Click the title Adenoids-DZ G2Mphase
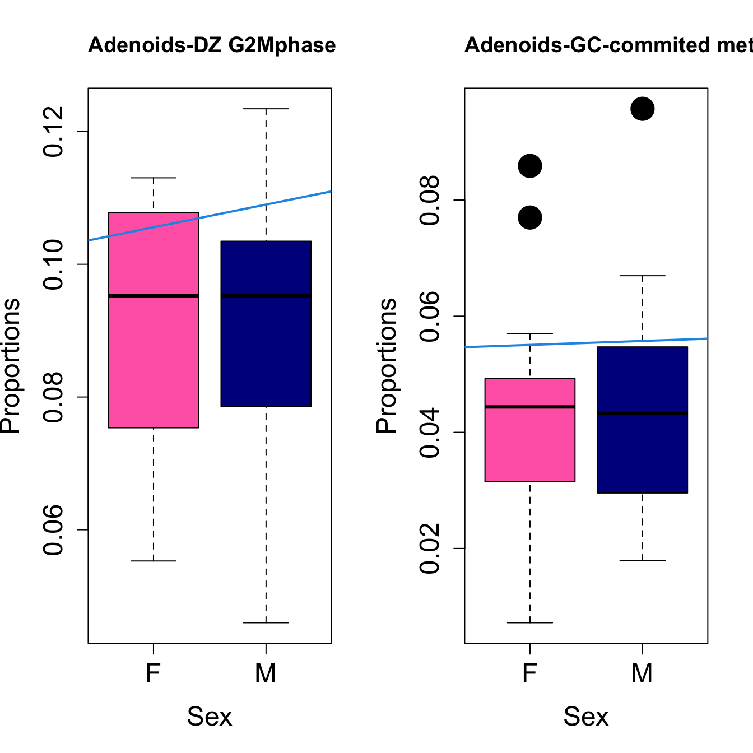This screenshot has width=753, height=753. click(212, 45)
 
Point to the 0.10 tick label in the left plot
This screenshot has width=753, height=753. click(54, 264)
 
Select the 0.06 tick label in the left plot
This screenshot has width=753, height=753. click(54, 529)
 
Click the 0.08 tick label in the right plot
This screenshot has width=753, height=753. click(430, 200)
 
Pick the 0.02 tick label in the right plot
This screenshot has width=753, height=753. click(430, 549)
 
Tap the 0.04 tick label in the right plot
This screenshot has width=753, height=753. click(430, 433)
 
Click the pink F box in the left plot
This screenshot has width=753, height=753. click(154, 359)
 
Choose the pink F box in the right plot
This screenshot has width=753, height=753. click(530, 443)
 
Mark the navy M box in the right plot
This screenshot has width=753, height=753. click(642, 448)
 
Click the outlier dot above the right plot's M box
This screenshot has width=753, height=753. click(642, 109)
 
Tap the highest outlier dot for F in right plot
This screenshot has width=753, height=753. click(530, 166)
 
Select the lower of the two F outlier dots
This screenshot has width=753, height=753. click(530, 217)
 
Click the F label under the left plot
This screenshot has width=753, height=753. click(154, 673)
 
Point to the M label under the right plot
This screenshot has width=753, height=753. click(642, 673)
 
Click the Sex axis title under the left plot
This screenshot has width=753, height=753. click(210, 717)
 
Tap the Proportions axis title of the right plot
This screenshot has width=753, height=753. click(387, 365)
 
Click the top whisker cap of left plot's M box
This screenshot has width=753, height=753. click(266, 109)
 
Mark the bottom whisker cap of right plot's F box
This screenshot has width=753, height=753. click(530, 622)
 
